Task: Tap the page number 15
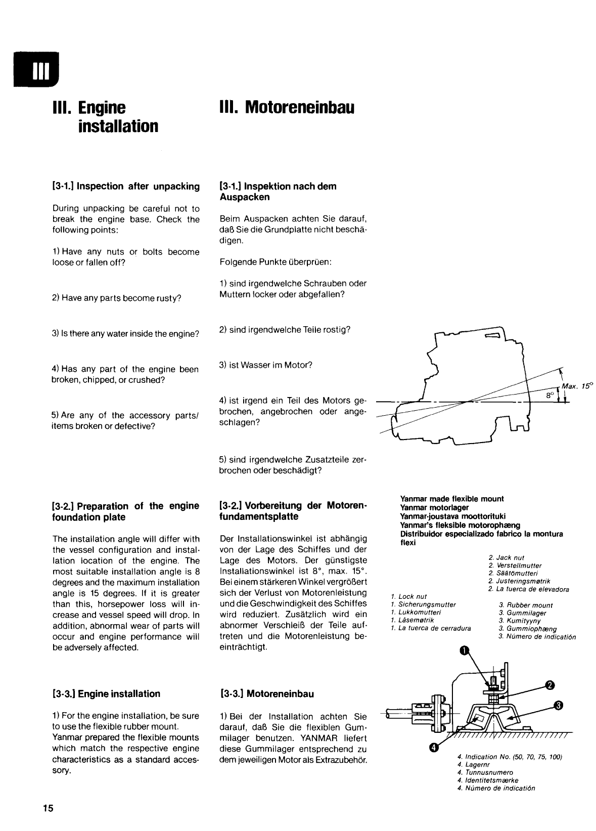coord(48,808)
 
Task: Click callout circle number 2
coord(549,686)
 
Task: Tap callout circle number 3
coord(558,705)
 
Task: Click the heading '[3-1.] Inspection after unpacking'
coord(126,187)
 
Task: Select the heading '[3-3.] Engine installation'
coord(106,694)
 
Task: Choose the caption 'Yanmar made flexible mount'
coord(452,499)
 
